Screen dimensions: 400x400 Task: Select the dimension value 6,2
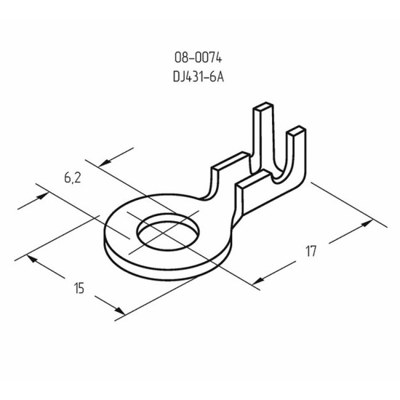(72, 178)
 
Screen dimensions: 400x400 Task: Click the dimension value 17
(311, 250)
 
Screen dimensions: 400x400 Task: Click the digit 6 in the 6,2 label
(67, 178)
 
